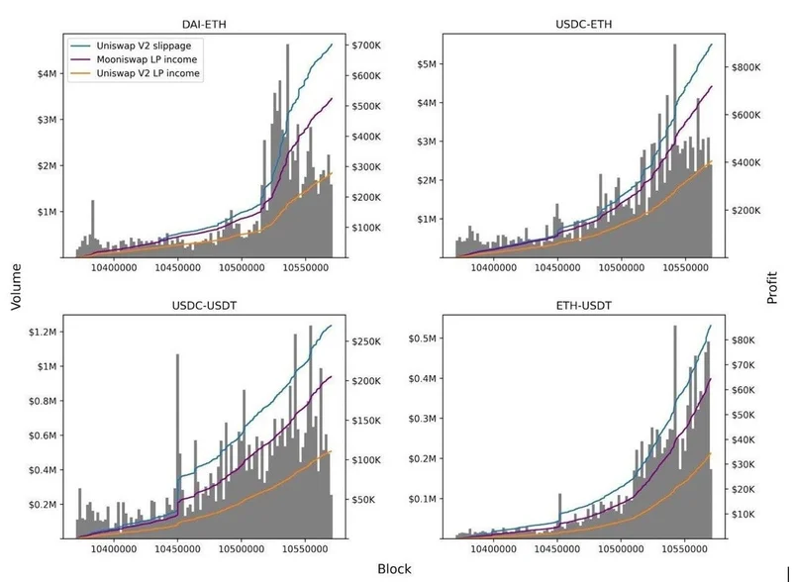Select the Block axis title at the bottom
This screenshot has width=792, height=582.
click(x=393, y=568)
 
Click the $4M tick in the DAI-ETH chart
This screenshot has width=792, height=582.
click(x=47, y=73)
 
